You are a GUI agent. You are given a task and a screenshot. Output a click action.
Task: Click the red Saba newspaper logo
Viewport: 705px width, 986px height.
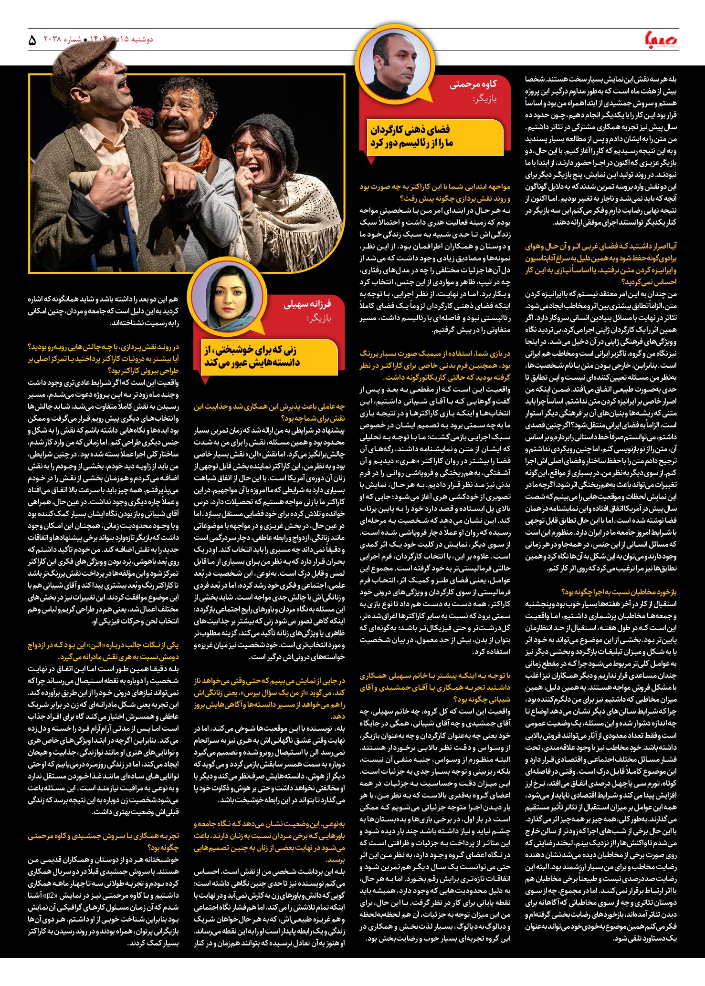661,40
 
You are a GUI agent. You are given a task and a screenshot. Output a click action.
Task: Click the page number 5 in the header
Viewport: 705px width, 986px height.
32,41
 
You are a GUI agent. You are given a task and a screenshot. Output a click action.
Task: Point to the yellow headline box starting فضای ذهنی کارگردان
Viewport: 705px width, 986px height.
434,137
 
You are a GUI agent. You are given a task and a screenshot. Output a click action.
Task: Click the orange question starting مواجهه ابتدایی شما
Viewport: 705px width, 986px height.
435,192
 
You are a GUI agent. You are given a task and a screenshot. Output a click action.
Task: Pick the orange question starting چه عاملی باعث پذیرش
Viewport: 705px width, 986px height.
269,412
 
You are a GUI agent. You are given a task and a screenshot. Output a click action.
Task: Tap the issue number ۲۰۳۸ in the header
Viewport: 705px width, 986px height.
53,40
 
